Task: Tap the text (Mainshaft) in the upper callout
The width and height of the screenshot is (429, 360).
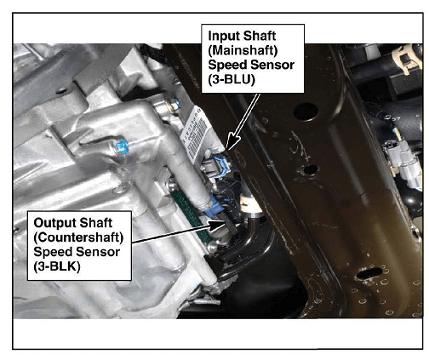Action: coord(243,50)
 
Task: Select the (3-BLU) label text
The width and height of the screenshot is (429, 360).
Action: coord(232,80)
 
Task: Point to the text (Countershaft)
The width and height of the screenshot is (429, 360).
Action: coord(78,237)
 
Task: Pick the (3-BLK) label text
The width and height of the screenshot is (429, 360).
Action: coord(57,266)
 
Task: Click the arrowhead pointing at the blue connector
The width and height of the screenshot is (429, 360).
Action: coord(232,141)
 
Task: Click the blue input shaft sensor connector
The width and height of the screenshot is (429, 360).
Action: coord(219,167)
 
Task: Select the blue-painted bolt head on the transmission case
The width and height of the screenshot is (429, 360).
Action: coord(123,146)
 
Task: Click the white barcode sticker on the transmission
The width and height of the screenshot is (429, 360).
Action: coord(197,133)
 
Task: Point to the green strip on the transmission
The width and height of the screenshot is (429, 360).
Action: coord(190,212)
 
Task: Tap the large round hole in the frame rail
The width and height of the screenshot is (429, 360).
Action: coord(306,111)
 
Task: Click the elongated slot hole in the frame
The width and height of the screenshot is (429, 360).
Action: coord(369,273)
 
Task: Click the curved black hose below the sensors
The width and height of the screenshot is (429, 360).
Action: coord(246,239)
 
